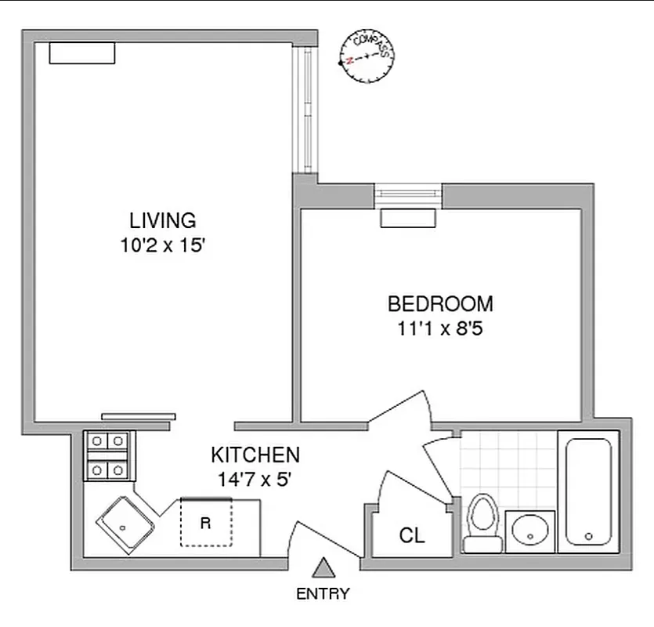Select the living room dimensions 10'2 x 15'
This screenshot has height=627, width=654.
tap(162, 245)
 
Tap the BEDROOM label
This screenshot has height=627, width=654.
tap(440, 303)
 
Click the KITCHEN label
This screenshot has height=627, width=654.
tap(255, 455)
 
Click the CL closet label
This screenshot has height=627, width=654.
tap(412, 536)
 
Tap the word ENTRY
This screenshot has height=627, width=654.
tap(323, 593)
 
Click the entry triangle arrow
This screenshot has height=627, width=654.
tap(323, 567)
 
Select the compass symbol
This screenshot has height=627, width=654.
tap(366, 57)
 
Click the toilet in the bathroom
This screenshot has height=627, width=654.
tap(482, 521)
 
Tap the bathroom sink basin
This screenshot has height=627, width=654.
tap(531, 531)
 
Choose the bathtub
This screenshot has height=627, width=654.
tap(587, 491)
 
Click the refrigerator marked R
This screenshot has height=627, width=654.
tap(207, 522)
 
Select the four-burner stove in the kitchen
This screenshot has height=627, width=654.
tap(107, 455)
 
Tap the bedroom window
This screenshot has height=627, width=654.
tap(407, 194)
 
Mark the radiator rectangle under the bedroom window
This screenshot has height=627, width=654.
tap(407, 219)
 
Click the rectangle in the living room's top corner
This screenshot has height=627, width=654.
tap(82, 53)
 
